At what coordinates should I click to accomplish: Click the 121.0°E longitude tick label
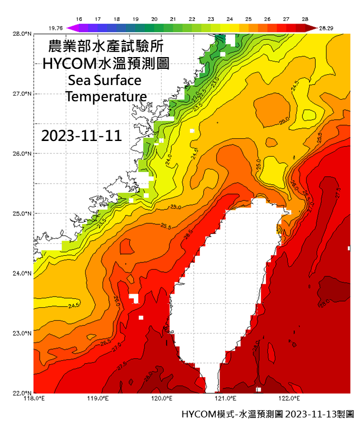click(x=226, y=398)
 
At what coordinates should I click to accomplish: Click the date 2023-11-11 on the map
click(x=82, y=136)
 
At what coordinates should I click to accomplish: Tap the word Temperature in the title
click(x=106, y=96)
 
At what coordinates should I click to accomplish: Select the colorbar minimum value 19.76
click(x=55, y=27)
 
